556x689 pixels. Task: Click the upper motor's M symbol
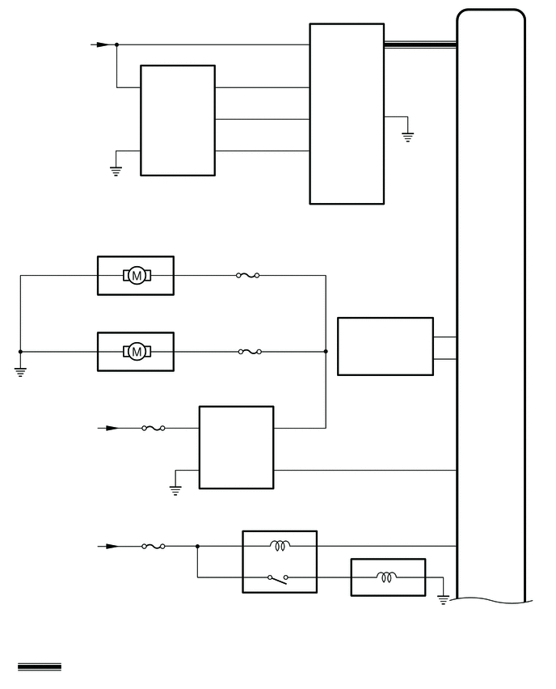coord(137,276)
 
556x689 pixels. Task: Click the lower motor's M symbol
coord(137,352)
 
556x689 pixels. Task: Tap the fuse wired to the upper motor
coord(248,276)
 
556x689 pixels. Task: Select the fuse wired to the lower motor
coord(250,352)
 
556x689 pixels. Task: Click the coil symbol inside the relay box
coord(280,546)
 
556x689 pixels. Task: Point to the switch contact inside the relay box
coord(277,579)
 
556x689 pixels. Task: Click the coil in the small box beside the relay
coord(386,577)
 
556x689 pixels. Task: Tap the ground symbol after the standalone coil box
coord(443,600)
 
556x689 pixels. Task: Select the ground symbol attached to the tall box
coord(407,137)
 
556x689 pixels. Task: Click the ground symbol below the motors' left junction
coord(20,372)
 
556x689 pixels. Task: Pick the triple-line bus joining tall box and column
coord(420,44)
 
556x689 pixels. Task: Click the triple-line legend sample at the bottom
coord(40,667)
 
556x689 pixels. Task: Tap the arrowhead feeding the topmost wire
coord(103,44)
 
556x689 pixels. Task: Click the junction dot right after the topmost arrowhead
coord(116,44)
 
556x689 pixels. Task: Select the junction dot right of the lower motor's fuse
coord(326,352)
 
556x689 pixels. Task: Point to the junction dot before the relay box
coord(197,546)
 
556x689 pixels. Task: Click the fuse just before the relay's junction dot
coord(154,546)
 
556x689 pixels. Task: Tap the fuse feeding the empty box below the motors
coord(154,428)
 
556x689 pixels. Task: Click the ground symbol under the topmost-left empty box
coord(116,171)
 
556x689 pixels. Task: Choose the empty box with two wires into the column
coord(385,346)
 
